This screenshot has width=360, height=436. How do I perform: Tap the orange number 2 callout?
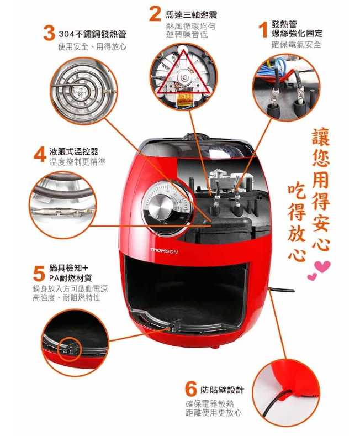click(x=155, y=14)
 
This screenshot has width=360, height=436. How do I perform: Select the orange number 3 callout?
click(x=49, y=33)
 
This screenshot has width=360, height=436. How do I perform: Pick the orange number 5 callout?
click(x=39, y=274)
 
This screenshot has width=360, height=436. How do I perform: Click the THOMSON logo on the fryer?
click(x=164, y=251)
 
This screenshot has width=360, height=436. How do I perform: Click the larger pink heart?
click(x=322, y=267)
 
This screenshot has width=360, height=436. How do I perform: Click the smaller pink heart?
click(x=312, y=277)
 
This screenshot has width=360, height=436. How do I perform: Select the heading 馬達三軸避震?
click(x=192, y=15)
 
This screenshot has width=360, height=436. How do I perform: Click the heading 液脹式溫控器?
click(x=74, y=151)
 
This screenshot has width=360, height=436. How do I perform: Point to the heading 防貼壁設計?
click(x=222, y=390)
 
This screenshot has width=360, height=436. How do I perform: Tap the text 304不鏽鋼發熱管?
click(x=93, y=34)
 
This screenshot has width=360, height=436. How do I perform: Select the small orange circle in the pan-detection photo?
click(x=70, y=349)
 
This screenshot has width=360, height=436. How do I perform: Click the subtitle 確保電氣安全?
click(x=296, y=45)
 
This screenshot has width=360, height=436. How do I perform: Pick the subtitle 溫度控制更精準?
click(x=77, y=162)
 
